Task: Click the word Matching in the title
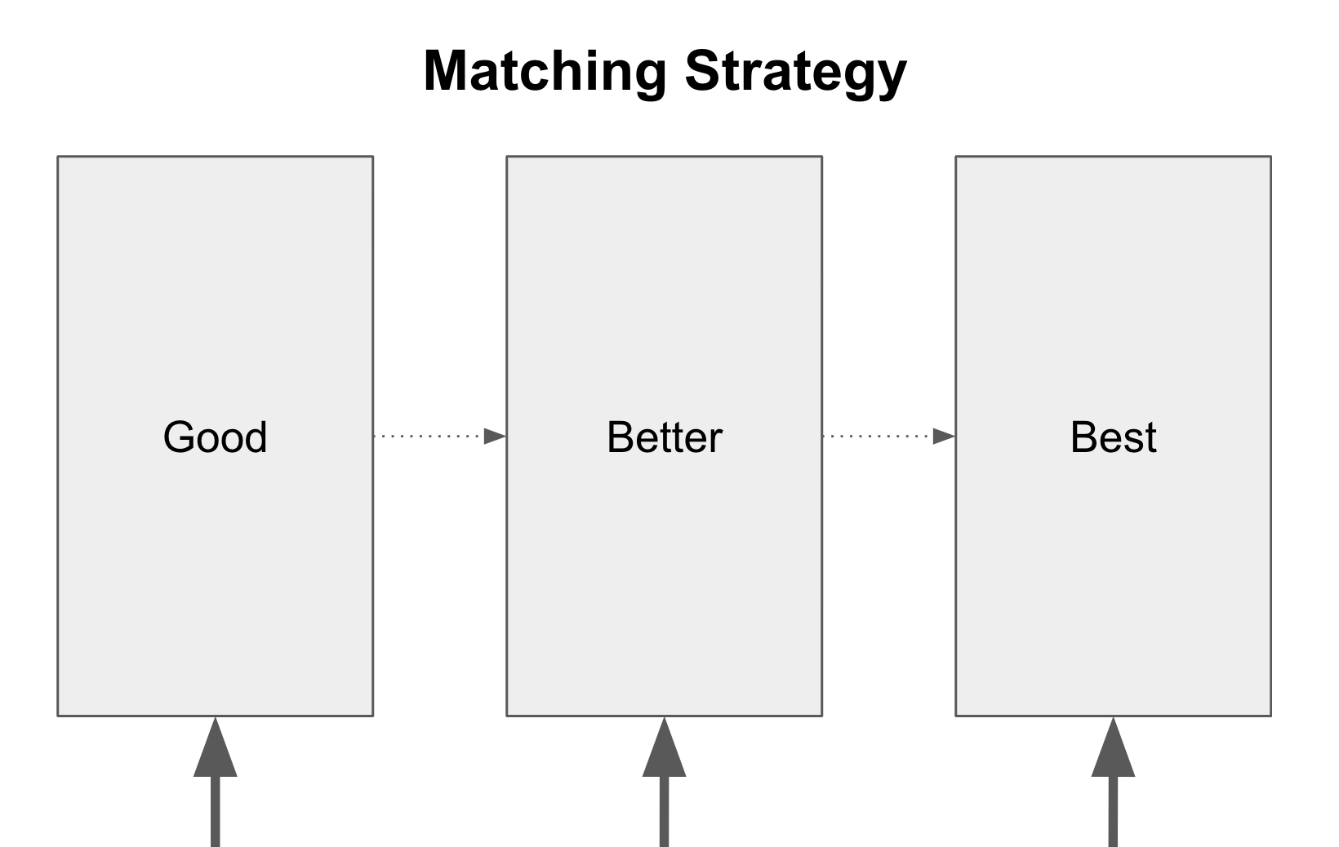pos(544,72)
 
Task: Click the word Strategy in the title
pos(795,72)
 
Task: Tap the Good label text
pos(215,437)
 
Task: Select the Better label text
pos(664,437)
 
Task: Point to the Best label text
pos(1113,437)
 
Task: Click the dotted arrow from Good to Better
pos(433,437)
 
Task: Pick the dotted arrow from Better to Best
pos(882,437)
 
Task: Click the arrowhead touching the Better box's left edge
pos(495,437)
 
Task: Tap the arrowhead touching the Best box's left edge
pos(944,437)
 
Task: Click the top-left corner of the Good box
pos(58,157)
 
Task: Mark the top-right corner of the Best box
pos(1270,157)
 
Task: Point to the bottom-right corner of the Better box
pos(821,716)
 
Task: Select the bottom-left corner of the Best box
pos(956,716)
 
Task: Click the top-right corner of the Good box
pos(372,157)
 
